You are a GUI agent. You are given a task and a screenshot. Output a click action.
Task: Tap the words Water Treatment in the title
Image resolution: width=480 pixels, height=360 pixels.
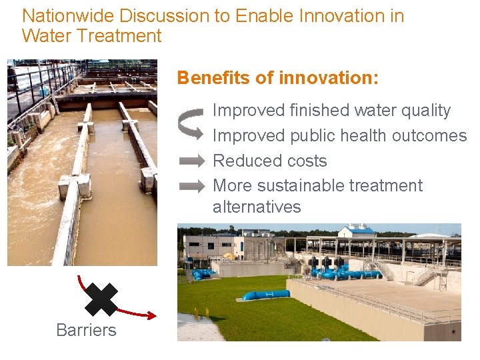pos(91,36)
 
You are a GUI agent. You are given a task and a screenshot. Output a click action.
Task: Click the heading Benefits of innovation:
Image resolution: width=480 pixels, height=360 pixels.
pos(277,78)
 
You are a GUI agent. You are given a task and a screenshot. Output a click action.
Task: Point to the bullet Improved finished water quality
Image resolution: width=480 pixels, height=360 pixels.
pos(331,111)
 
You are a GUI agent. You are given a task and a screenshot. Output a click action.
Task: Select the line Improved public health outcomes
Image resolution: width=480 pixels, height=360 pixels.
pos(339,136)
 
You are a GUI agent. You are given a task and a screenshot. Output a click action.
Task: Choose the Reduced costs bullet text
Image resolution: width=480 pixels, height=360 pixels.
pos(269,161)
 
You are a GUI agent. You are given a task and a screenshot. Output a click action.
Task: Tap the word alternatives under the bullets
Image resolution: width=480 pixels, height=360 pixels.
pos(257,207)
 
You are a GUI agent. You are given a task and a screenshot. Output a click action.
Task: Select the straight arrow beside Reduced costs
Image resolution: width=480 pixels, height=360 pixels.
pos(193,161)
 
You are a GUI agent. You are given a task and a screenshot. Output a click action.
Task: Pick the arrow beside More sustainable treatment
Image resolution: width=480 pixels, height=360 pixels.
pos(193,187)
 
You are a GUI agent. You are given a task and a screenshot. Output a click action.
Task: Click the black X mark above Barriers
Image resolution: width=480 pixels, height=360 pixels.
pos(101,299)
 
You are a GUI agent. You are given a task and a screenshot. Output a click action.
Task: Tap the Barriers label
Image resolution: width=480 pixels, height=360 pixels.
pos(86,330)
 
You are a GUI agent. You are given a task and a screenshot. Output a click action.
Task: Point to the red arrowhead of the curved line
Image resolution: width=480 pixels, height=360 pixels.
pos(151,315)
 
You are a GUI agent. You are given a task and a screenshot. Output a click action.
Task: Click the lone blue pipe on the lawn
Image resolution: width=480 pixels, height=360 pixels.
pos(265,295)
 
